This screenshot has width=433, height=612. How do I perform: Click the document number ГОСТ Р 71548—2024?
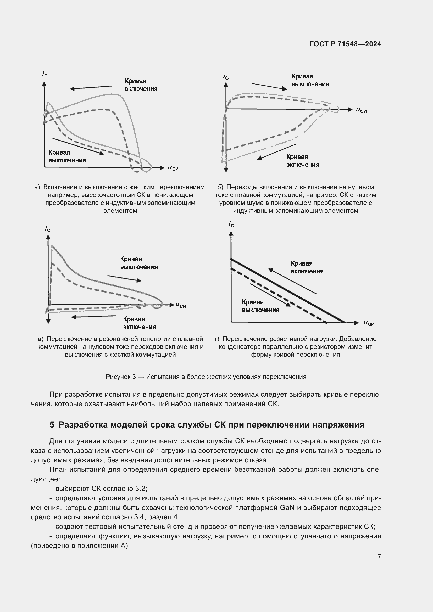[345, 44]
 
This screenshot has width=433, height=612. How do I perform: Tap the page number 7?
[379, 557]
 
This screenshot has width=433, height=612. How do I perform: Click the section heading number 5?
[52, 425]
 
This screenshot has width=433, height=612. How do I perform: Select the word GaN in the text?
[287, 508]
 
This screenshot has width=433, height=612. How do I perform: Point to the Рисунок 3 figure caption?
[206, 377]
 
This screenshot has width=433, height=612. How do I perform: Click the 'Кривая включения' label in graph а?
[141, 85]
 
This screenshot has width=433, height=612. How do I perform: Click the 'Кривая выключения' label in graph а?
[67, 156]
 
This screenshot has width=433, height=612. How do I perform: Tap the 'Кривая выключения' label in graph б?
[310, 80]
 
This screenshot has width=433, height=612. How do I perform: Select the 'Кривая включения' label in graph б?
[302, 161]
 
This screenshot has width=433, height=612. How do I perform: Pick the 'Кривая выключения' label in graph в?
[139, 263]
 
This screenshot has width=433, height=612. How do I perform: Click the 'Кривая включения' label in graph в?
[139, 323]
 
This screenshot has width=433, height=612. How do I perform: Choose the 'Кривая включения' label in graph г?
[307, 267]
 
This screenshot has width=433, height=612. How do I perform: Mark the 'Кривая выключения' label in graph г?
[260, 306]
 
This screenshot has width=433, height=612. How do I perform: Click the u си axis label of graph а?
[173, 168]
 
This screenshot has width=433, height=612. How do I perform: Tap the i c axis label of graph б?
[226, 77]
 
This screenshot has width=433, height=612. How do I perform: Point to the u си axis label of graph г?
[369, 323]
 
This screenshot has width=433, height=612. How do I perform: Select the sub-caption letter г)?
[217, 339]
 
